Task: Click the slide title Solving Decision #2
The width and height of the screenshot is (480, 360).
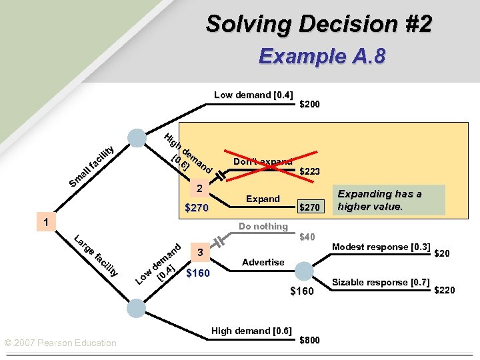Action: (319, 24)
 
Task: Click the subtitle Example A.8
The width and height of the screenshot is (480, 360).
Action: (321, 56)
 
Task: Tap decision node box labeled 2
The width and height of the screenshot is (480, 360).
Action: (199, 190)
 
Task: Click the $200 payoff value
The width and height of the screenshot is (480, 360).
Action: (309, 105)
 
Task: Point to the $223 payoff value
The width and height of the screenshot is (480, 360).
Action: (309, 172)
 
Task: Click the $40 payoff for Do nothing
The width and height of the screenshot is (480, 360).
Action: (307, 237)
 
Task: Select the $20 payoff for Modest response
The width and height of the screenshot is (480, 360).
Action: (441, 253)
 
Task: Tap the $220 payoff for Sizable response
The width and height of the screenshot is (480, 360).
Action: (444, 290)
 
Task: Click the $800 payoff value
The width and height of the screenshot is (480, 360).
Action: (309, 341)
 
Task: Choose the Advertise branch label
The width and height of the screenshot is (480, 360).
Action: (263, 263)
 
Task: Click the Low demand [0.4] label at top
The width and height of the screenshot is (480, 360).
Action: (253, 95)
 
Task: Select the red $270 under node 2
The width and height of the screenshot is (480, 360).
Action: (196, 209)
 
